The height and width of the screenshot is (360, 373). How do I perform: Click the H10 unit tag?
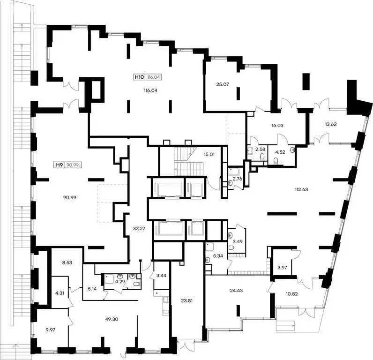point(148,77)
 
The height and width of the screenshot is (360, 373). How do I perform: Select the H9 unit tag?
point(68,165)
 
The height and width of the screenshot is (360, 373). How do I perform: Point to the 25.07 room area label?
point(223,84)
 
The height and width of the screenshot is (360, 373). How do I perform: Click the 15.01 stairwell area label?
point(209,154)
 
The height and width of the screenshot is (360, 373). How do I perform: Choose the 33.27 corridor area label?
point(139,228)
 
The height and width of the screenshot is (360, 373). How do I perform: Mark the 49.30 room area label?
point(112,319)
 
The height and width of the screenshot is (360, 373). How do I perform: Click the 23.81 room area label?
point(187,300)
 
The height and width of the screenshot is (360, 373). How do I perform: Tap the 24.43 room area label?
point(236,290)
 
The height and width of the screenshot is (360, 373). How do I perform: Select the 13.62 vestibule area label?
point(331,124)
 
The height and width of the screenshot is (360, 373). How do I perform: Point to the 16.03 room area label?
point(277,125)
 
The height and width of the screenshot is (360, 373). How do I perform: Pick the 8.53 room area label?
point(67,262)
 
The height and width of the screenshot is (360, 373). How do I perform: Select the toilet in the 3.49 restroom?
point(231,248)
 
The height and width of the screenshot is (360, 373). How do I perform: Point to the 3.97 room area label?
point(282,268)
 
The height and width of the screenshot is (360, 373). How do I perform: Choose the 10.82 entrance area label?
point(291,294)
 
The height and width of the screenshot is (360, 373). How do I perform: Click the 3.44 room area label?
point(161,276)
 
